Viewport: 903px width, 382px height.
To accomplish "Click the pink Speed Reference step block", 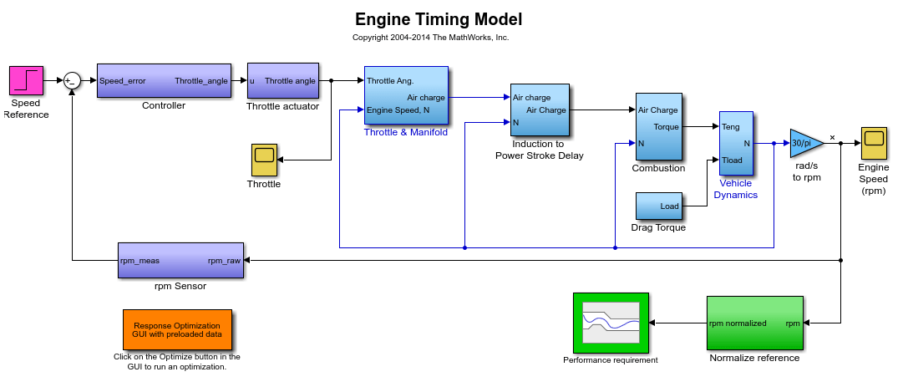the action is coord(27,80).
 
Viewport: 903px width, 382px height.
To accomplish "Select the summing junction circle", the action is coord(71,81).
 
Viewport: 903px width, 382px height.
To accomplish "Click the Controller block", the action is coord(164,81).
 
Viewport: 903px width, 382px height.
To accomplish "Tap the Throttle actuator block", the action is coord(283,81).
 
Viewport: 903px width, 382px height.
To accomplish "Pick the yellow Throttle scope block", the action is coord(264,160).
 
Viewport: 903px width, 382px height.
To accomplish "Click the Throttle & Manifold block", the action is coord(407,95).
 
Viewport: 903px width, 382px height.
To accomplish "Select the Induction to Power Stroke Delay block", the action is coord(540,110).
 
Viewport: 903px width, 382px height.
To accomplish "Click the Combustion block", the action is coord(659,126).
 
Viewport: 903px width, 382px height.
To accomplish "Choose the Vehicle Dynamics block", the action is coord(735,143).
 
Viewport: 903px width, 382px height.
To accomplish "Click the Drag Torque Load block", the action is coord(659,206).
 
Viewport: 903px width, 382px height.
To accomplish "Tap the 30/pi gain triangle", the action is coord(805,143).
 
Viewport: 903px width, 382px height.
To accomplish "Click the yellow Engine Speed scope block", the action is coord(874,143).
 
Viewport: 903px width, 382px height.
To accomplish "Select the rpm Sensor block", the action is coord(180,260).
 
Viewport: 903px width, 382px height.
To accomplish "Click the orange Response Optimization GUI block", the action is coord(177,329).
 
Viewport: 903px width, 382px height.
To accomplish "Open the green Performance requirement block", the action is coord(611,323).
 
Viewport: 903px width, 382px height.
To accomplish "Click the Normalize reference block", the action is coord(755,323).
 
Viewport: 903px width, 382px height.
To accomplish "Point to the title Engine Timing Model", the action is coord(439,19).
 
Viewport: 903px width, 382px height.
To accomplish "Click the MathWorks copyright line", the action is coord(431,38).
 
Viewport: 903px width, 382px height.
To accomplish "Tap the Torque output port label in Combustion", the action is coord(667,127).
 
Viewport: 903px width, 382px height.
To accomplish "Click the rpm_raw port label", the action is coord(224,261).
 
